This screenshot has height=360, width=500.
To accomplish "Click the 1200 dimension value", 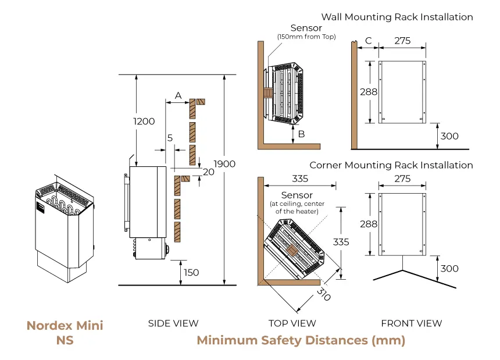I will (x=144, y=122).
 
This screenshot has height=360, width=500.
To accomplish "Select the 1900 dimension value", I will (x=224, y=164).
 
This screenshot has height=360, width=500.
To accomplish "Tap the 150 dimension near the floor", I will (x=191, y=272).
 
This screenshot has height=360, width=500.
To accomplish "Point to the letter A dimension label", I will (x=178, y=95).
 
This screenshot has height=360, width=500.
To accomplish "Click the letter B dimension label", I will (x=301, y=134).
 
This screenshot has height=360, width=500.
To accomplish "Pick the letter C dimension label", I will (x=368, y=41).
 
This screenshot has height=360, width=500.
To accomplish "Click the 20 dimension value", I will (x=208, y=172).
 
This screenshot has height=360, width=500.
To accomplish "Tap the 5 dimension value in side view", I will (x=170, y=138).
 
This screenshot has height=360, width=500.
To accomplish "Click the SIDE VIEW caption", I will (x=173, y=323).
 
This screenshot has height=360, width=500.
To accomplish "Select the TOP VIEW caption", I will (x=292, y=323).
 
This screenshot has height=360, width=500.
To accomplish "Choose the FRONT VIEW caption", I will (x=412, y=323).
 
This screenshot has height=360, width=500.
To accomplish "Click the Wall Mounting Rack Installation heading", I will (x=397, y=17).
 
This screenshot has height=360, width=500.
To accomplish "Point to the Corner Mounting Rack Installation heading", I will (x=391, y=165).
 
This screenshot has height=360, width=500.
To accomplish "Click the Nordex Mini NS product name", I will (x=65, y=333).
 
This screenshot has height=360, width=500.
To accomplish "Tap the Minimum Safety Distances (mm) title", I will (x=301, y=340).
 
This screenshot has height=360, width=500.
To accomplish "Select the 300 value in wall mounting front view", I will (x=449, y=136).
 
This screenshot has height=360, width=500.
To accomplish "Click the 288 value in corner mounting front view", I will (x=368, y=223).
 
